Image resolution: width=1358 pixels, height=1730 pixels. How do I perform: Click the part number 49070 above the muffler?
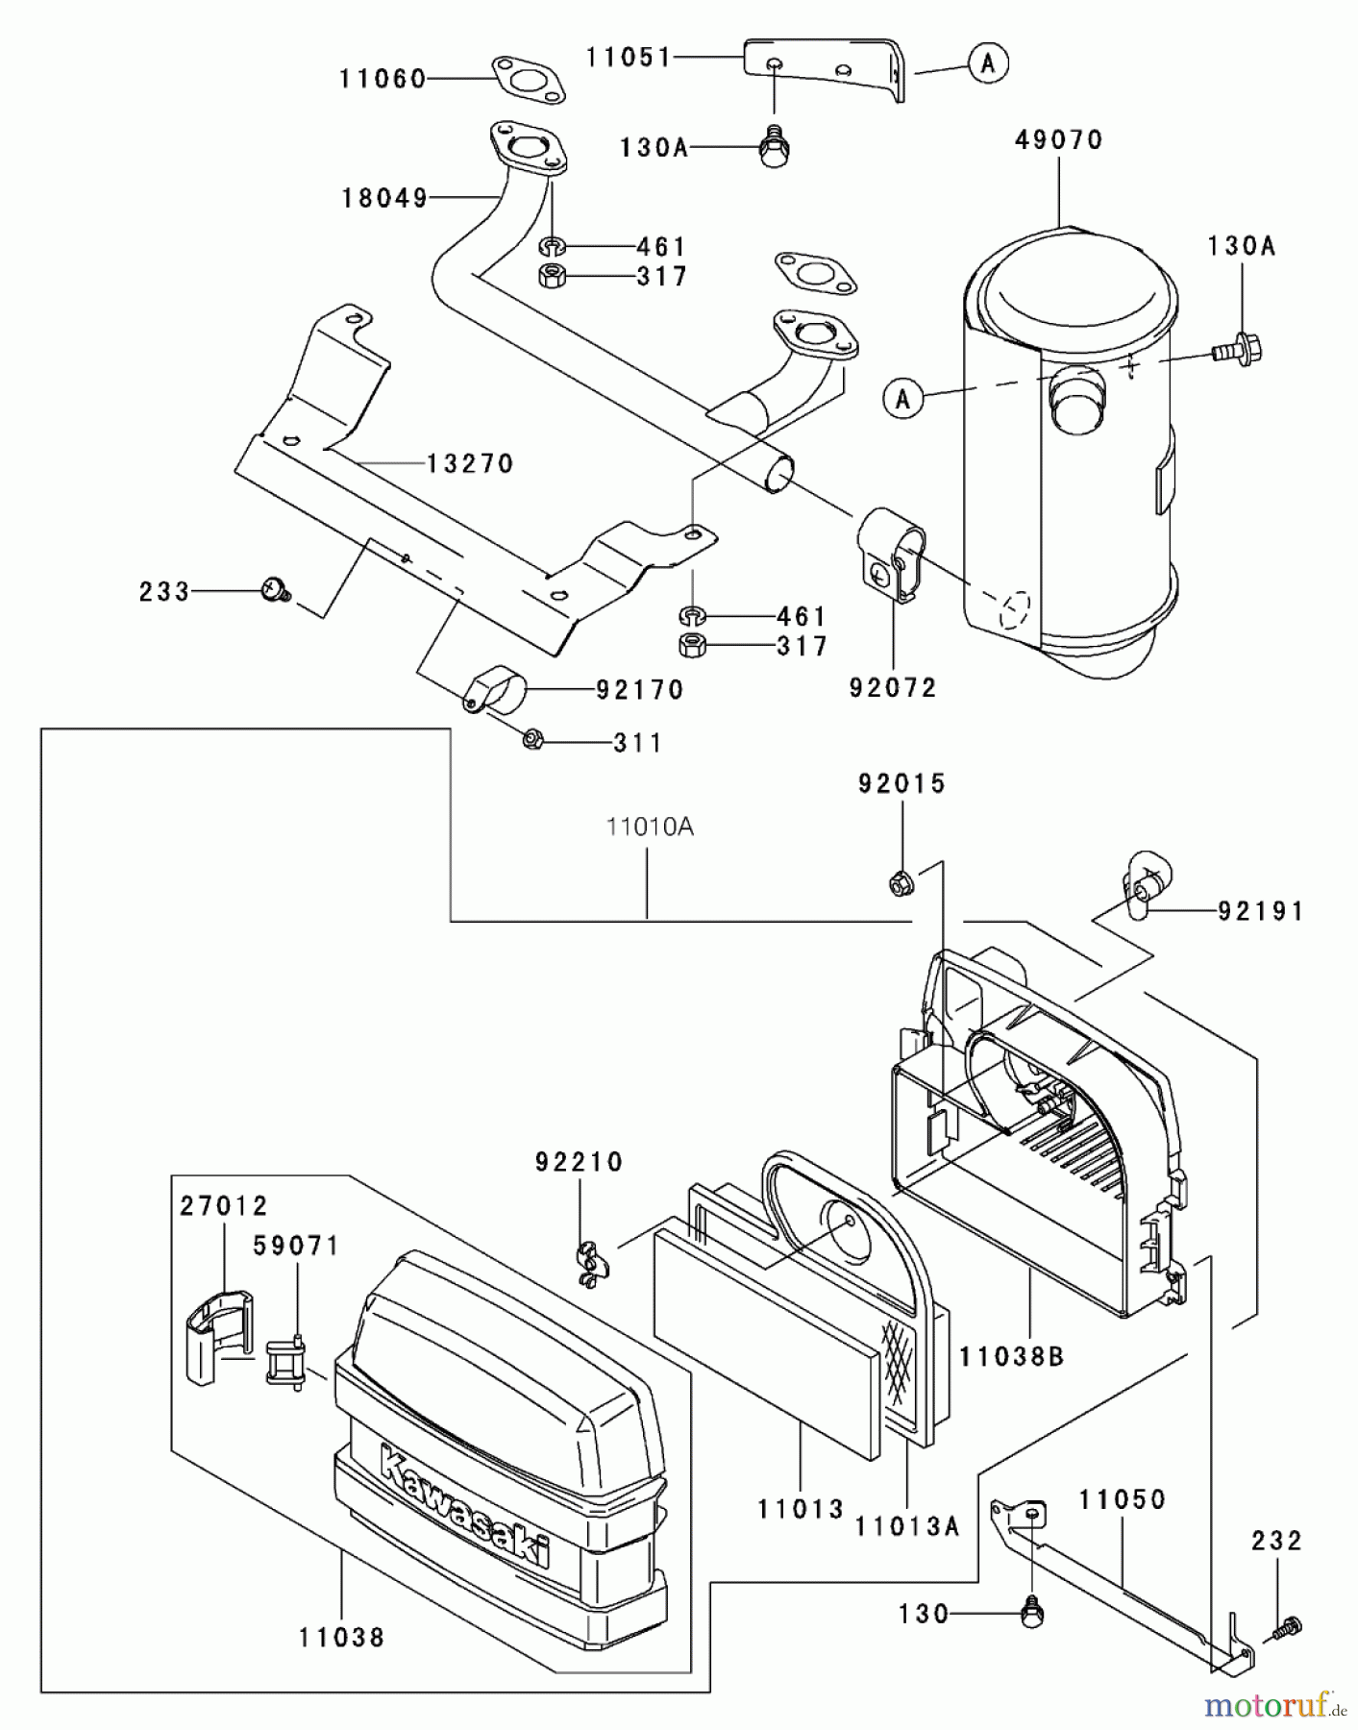point(1059,140)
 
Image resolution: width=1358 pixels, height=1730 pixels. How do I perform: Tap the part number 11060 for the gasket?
point(383,79)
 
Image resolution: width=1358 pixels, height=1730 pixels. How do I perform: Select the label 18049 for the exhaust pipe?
point(384,198)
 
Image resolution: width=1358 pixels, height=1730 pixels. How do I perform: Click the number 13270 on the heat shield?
point(470,463)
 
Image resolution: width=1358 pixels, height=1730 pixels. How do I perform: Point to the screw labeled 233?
point(276,589)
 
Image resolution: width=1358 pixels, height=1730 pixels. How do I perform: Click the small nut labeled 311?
point(534,740)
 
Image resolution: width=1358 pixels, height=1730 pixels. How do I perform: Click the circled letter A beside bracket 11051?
point(989,63)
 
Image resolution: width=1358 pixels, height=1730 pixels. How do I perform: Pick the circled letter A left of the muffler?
point(902,397)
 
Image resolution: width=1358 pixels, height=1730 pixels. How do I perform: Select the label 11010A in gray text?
point(649,827)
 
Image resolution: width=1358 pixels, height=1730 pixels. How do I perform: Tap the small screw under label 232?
point(1285,1627)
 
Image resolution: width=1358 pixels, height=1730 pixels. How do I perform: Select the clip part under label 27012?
point(219,1336)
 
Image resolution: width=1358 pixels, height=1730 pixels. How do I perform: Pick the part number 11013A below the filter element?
point(906,1525)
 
